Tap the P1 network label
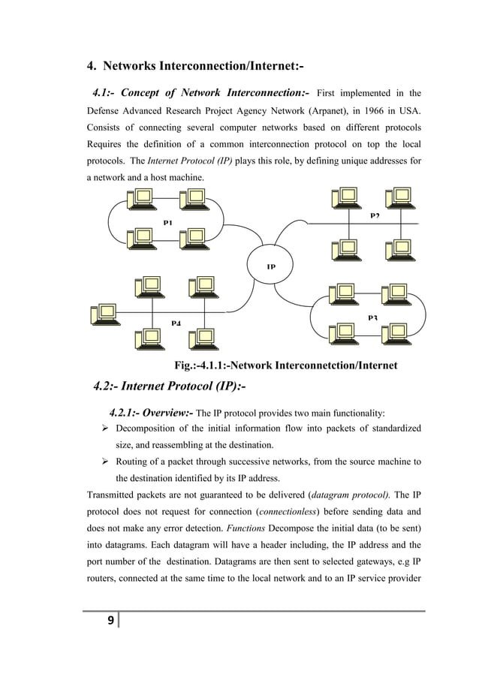point(167,222)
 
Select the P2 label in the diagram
point(375,216)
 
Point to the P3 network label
point(373,318)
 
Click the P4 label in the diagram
point(175,323)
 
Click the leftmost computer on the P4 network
point(102,314)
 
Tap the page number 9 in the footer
point(111,620)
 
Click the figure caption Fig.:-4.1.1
point(285,366)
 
